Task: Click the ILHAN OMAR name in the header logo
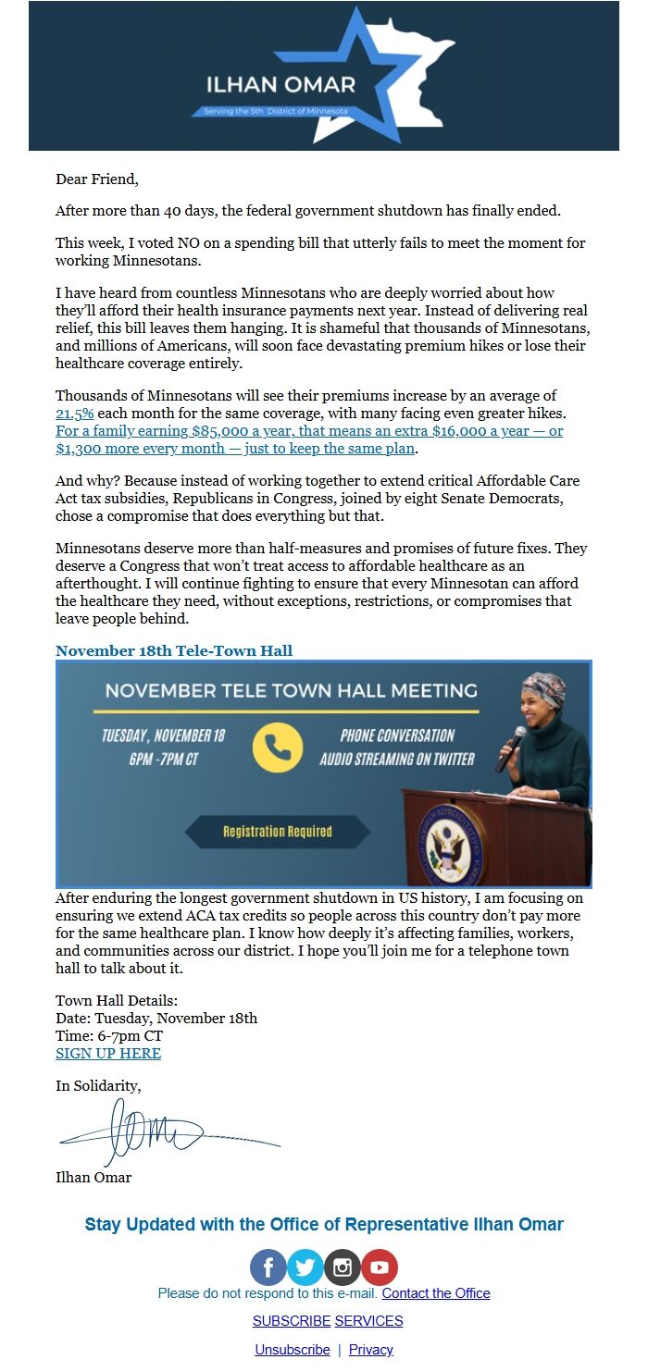280,85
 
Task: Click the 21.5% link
75,414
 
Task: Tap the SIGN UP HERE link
108,1054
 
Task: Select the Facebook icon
268,1267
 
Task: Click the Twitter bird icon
305,1267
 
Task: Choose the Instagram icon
342,1267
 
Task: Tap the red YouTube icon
379,1267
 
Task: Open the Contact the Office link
436,1293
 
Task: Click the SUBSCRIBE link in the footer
292,1321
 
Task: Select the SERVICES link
368,1321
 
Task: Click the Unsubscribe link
293,1350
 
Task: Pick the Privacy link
371,1350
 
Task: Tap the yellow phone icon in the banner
277,747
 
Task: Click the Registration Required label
278,832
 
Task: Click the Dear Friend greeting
97,179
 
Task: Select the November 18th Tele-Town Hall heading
174,650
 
